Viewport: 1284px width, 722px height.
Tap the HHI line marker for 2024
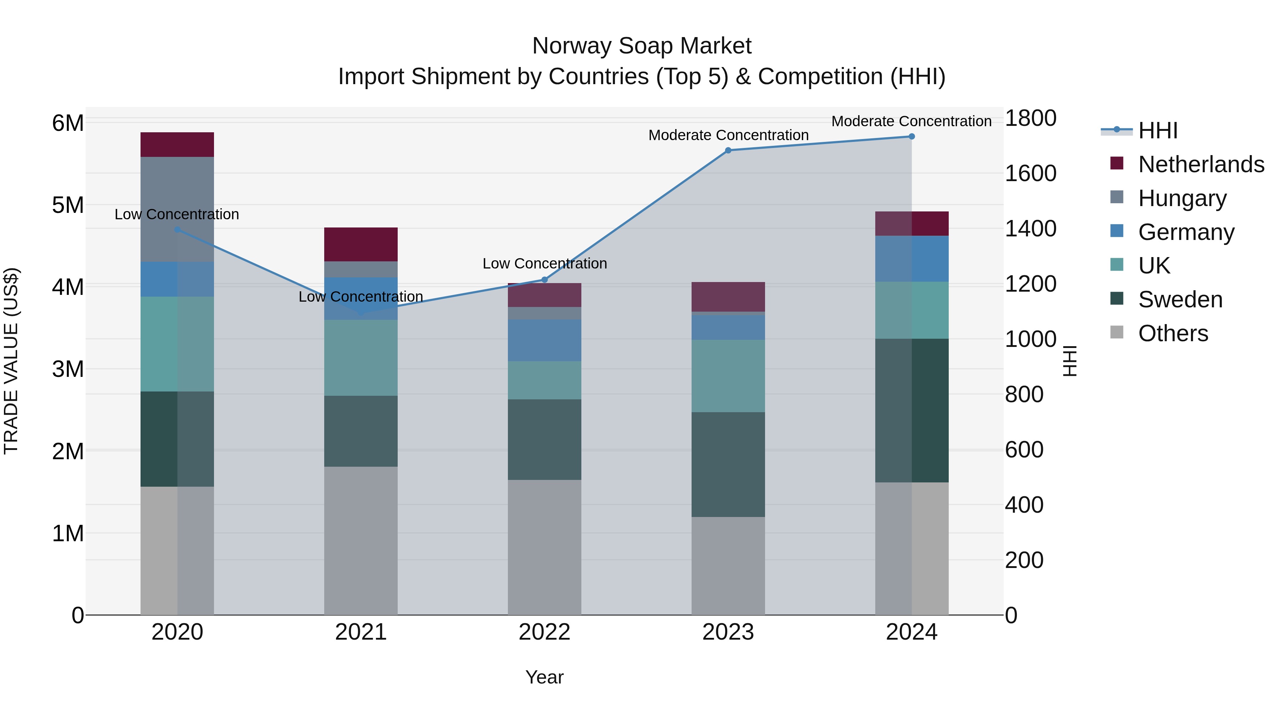click(x=911, y=136)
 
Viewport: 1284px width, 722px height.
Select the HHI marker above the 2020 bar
click(x=178, y=229)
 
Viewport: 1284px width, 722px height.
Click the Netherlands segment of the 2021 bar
click(x=361, y=244)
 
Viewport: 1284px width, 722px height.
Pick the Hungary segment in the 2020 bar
click(x=178, y=209)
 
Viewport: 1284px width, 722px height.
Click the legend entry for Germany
click(x=1186, y=232)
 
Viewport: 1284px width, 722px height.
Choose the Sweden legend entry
click(x=1180, y=299)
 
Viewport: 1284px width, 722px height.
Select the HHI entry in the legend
click(x=1157, y=130)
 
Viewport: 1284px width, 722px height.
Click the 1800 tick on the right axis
click(x=1030, y=119)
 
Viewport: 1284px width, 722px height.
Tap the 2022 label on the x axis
click(x=544, y=632)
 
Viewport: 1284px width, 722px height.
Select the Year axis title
click(x=544, y=677)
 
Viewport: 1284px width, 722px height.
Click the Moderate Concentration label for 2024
click(x=911, y=121)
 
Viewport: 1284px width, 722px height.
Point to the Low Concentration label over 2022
click(x=544, y=263)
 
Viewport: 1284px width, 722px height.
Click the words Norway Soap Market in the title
click(x=642, y=46)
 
